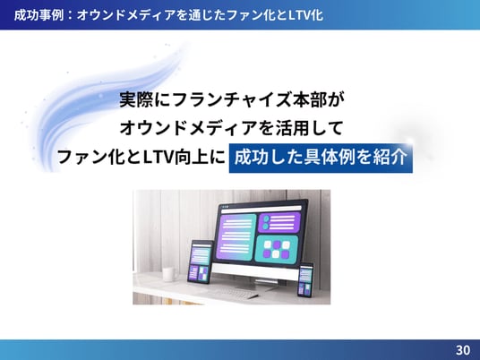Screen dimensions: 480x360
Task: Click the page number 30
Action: pyautogui.click(x=463, y=350)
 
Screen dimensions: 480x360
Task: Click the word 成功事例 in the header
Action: pyautogui.click(x=39, y=14)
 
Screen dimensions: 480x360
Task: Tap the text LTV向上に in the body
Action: pyautogui.click(x=184, y=157)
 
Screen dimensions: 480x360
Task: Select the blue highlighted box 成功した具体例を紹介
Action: pyautogui.click(x=321, y=158)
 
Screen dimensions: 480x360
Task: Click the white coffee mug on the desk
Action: pyautogui.click(x=169, y=274)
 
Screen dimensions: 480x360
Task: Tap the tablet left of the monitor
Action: pyautogui.click(x=201, y=261)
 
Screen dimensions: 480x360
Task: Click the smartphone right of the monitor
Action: pyautogui.click(x=305, y=279)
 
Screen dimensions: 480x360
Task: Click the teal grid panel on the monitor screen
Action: pyautogui.click(x=277, y=249)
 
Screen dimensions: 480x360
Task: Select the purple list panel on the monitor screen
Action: pyautogui.click(x=279, y=222)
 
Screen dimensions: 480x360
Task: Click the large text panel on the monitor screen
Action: pyautogui.click(x=236, y=237)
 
